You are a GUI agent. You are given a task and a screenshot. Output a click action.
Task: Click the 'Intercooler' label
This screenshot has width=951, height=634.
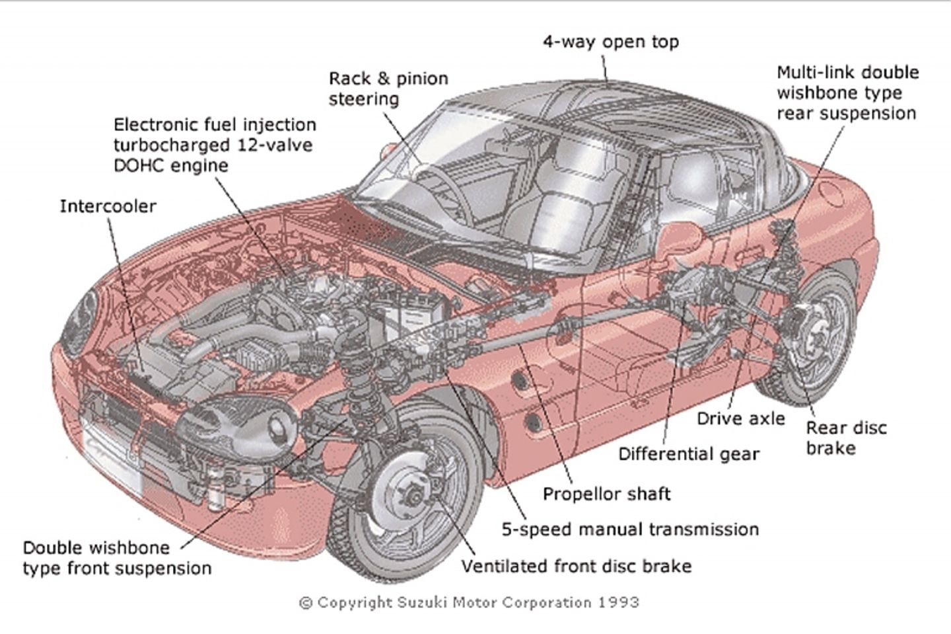coord(108,206)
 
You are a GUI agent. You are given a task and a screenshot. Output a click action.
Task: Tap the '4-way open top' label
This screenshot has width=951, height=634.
coord(610,42)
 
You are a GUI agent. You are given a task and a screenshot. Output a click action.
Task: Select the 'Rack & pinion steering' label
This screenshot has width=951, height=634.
coord(388,89)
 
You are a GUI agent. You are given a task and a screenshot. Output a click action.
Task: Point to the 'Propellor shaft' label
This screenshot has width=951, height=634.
coord(606,494)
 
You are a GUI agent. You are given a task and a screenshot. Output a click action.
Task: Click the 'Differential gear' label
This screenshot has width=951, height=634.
coord(688,454)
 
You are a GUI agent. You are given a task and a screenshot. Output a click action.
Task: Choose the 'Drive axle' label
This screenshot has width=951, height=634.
coord(741,418)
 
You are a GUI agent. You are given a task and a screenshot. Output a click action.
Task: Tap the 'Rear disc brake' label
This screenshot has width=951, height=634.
coord(846,438)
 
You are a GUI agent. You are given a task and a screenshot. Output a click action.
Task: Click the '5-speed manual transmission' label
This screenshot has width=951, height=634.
coord(629,530)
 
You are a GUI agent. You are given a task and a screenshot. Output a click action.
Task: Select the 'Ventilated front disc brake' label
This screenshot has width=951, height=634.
coord(576,567)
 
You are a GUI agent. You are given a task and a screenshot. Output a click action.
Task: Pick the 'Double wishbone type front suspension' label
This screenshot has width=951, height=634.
coord(117,558)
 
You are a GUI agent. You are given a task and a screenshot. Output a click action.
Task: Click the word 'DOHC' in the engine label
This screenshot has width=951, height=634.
coord(139,165)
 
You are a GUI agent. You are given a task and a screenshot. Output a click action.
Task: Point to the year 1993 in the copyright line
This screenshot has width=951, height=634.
coord(619,602)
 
